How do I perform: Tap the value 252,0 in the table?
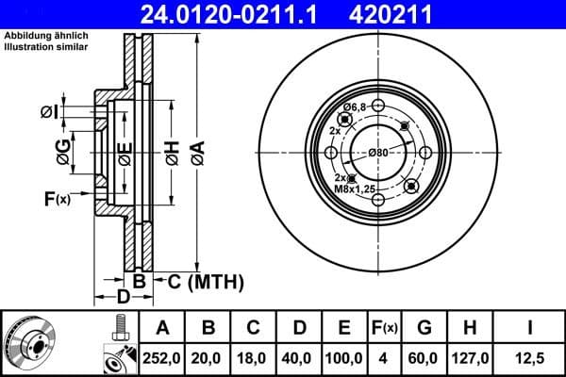coord(162,359)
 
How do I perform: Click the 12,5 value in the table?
coord(530,359)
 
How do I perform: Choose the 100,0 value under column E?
coord(345,359)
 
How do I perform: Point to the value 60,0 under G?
coord(424,359)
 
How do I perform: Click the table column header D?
coord(299,328)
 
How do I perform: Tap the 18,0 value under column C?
coord(253,359)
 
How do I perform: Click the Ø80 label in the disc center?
coord(378,152)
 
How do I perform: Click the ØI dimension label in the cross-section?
coord(48,112)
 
